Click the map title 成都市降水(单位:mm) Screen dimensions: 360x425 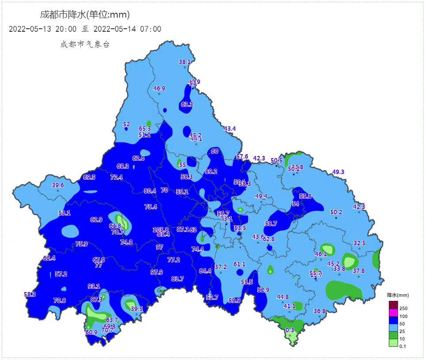(85, 15)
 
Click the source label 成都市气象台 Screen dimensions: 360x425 (85, 44)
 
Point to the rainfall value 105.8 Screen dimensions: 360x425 (161, 230)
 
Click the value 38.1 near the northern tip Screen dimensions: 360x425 (184, 62)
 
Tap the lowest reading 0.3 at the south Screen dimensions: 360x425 (290, 330)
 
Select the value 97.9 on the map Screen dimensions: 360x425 (156, 272)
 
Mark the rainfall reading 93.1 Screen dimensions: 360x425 (94, 286)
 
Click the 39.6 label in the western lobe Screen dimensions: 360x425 (58, 185)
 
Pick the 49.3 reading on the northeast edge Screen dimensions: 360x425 (338, 172)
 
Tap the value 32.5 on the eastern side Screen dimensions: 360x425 (359, 243)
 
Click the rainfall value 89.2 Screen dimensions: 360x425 (211, 171)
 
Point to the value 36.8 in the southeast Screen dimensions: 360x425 (320, 311)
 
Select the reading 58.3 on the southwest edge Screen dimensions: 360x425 (30, 294)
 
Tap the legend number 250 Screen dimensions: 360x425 (403, 308)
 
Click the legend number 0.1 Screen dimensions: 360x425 (402, 346)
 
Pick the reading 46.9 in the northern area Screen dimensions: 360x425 (159, 88)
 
